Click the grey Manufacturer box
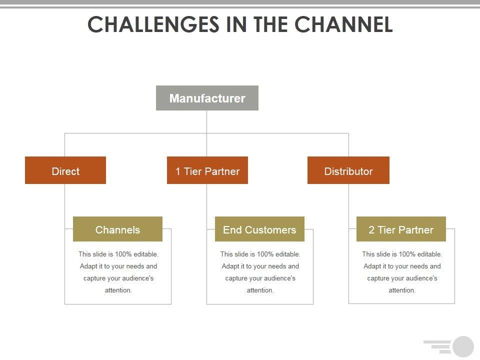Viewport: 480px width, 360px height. pyautogui.click(x=207, y=98)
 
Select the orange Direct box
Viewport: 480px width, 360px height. pyautogui.click(x=65, y=170)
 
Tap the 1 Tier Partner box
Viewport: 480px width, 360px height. pyautogui.click(x=207, y=170)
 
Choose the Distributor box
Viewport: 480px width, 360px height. pyautogui.click(x=348, y=170)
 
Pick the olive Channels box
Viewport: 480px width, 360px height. pyautogui.click(x=117, y=229)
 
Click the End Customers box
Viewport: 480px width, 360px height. pyautogui.click(x=259, y=229)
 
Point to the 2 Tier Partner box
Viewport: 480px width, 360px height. pyautogui.click(x=401, y=229)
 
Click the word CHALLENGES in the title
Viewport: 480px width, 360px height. pyautogui.click(x=153, y=24)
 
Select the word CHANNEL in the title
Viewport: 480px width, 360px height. pyautogui.click(x=343, y=24)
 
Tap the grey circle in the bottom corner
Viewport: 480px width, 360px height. pyautogui.click(x=463, y=347)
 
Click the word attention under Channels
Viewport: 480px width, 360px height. pyautogui.click(x=117, y=290)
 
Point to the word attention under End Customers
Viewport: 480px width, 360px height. pyautogui.click(x=259, y=290)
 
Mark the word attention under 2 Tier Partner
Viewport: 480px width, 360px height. pyautogui.click(x=401, y=290)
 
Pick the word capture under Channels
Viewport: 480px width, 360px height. pyautogui.click(x=94, y=278)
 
